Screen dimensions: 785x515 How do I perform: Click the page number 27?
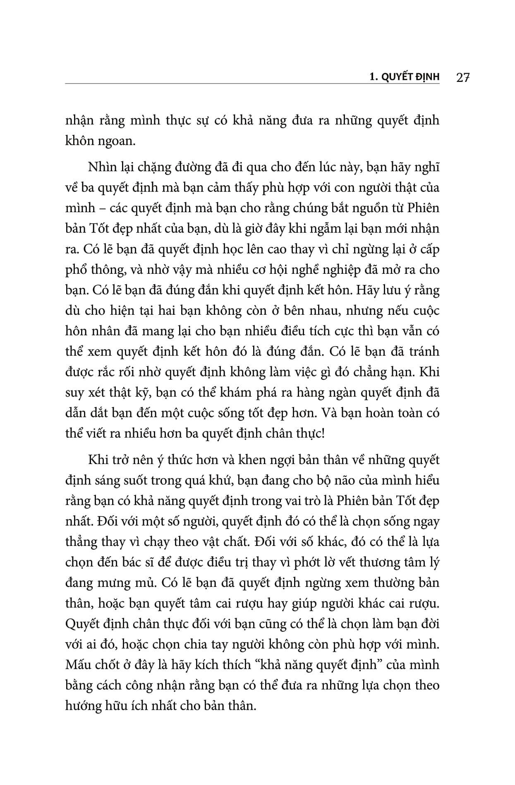coord(463,77)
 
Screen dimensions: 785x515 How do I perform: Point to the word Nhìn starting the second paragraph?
coord(100,168)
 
